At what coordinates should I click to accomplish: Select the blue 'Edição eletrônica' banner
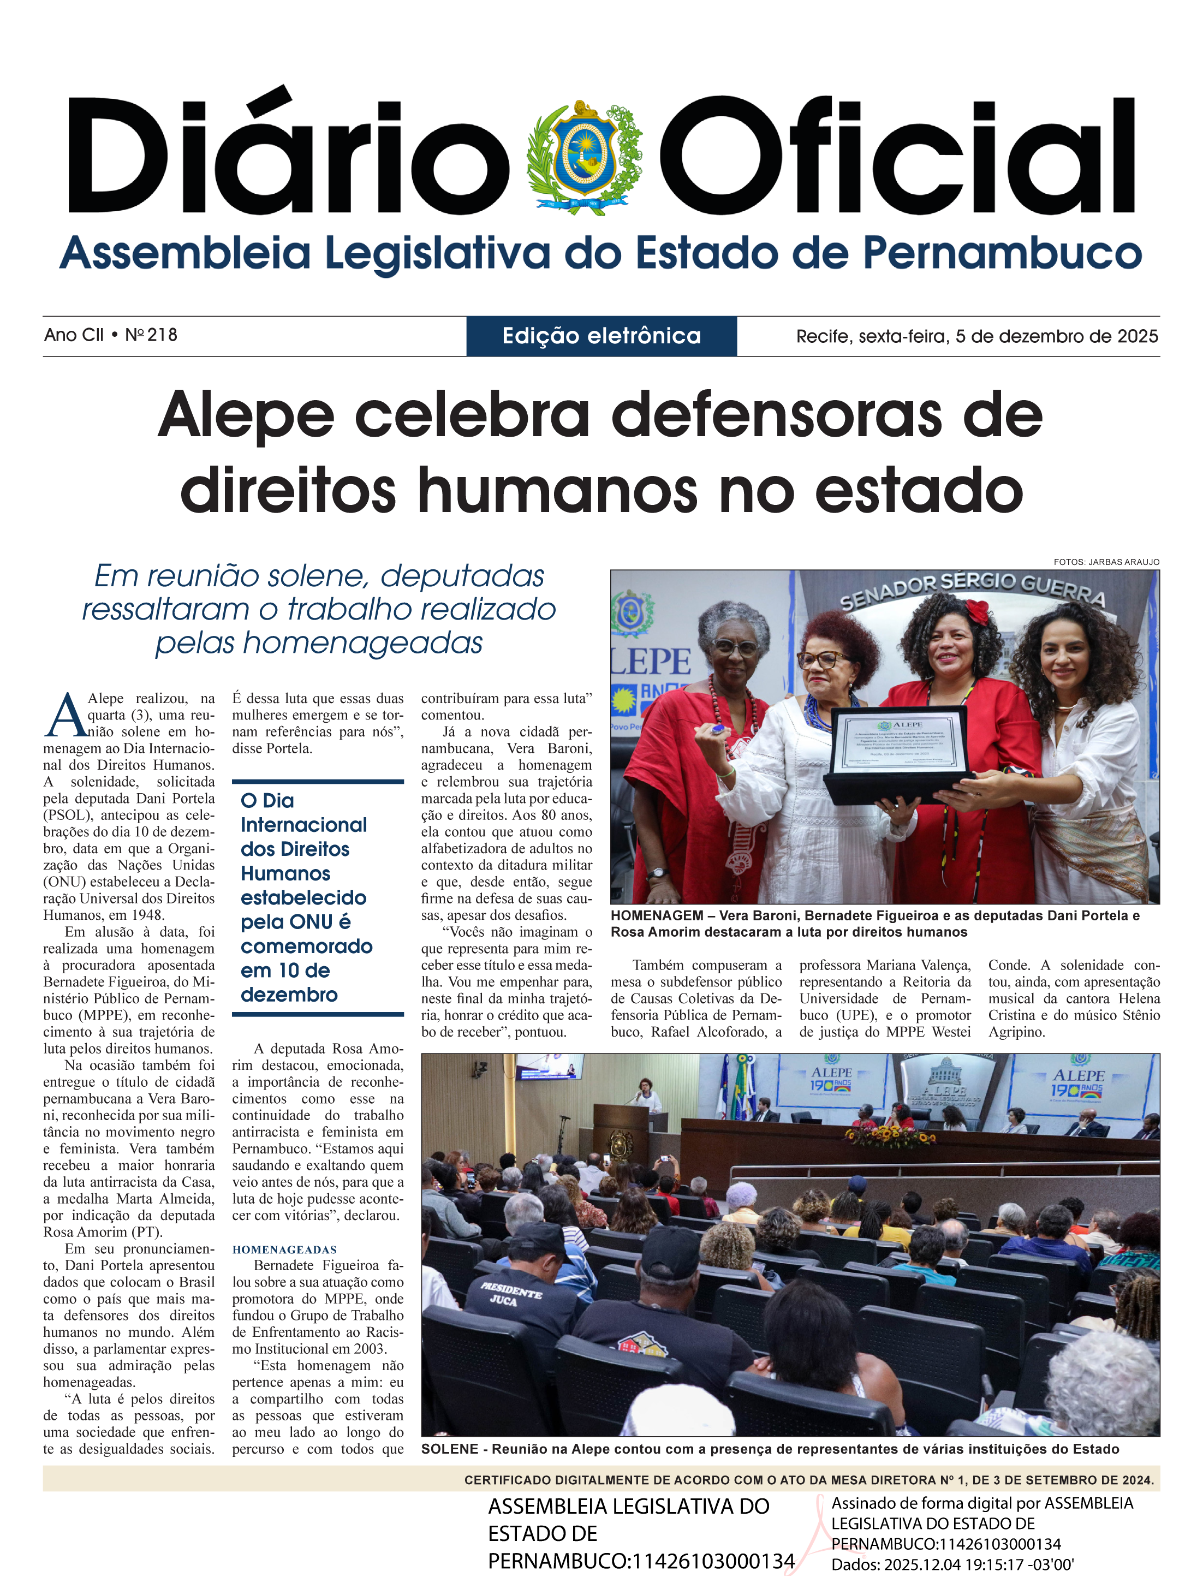601,336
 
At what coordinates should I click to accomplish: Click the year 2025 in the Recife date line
1135,337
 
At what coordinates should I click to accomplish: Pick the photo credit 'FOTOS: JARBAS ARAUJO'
1106,562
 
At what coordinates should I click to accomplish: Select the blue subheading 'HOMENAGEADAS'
284,1249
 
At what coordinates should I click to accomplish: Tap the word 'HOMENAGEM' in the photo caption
657,916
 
